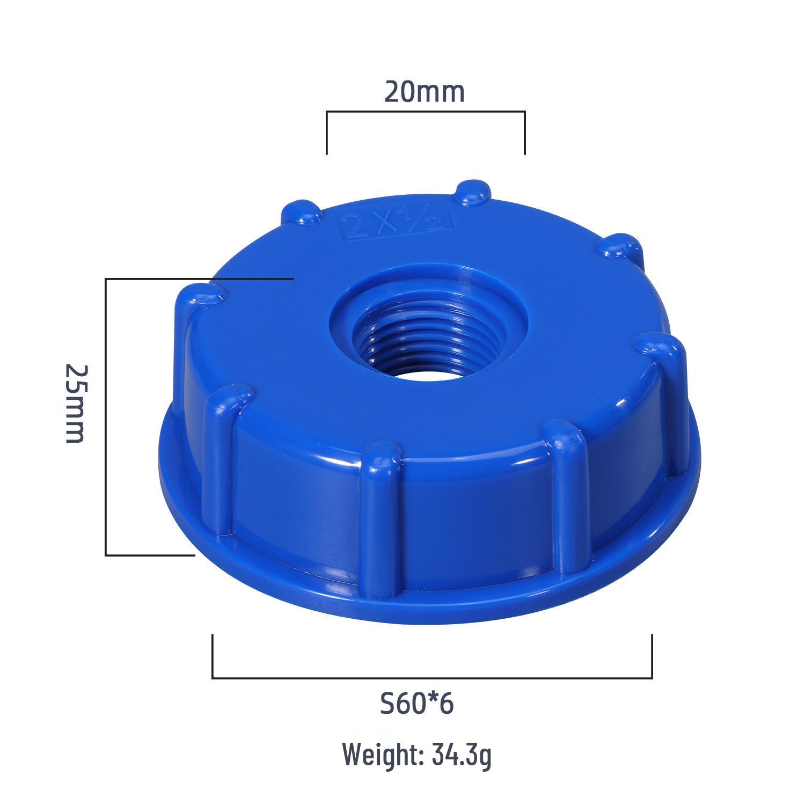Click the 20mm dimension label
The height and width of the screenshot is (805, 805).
coord(424,92)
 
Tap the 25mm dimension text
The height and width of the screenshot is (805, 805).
coord(75,404)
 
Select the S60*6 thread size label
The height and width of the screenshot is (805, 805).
coord(417,705)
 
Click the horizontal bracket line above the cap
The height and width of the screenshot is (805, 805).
coord(425,112)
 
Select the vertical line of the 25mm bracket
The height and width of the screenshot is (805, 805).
coord(106,416)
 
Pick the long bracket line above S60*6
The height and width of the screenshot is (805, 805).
coord(432,678)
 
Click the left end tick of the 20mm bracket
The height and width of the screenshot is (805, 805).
coord(327,133)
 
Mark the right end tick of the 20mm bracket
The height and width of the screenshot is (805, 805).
coord(524,133)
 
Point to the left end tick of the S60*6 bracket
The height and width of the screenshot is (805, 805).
coord(213,656)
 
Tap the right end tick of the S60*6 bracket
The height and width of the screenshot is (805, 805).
coord(652,656)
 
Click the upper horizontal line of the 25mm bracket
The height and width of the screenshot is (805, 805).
coord(199,279)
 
